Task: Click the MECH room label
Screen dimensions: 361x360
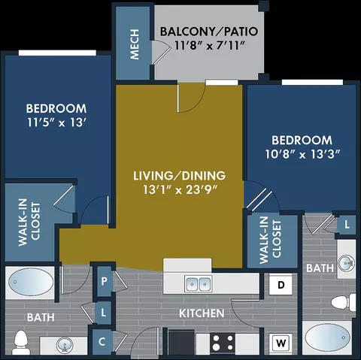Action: click(x=135, y=44)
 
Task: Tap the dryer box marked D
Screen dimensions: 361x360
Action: click(x=281, y=285)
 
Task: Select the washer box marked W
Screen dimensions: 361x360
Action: click(x=281, y=343)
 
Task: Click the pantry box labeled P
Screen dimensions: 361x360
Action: click(x=104, y=281)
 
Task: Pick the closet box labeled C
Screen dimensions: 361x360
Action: click(x=102, y=342)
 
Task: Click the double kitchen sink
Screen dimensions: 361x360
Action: click(x=199, y=284)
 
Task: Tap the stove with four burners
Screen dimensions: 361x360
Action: click(x=223, y=343)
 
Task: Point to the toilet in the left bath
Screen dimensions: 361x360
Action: click(x=21, y=342)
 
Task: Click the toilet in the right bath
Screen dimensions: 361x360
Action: click(x=343, y=303)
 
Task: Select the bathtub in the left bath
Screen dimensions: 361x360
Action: click(x=31, y=283)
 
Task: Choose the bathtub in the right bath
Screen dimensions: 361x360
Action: click(x=327, y=337)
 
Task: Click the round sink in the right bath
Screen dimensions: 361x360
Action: click(x=346, y=263)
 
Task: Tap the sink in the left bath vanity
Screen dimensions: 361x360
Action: click(x=65, y=345)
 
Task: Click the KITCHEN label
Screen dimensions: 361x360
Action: click(x=202, y=313)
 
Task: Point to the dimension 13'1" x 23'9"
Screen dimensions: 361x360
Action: click(x=180, y=189)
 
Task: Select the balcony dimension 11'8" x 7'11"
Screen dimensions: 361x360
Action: click(x=209, y=46)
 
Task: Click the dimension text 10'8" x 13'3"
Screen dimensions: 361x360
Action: click(x=302, y=154)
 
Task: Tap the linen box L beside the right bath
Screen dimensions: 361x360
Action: click(x=347, y=225)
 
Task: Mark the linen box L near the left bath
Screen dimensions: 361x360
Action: click(x=103, y=313)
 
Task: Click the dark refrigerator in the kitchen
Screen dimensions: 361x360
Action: click(x=181, y=342)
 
